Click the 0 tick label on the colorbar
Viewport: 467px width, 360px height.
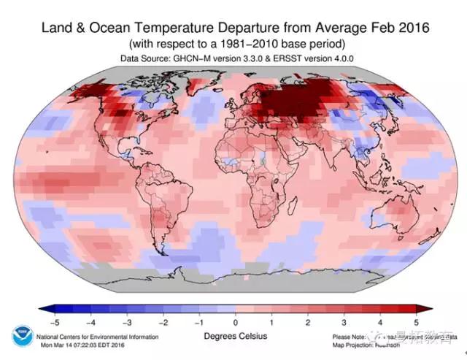[235, 321]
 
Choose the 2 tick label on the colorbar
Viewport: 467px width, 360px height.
[307, 321]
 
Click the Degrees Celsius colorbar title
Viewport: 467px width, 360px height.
[234, 336]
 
